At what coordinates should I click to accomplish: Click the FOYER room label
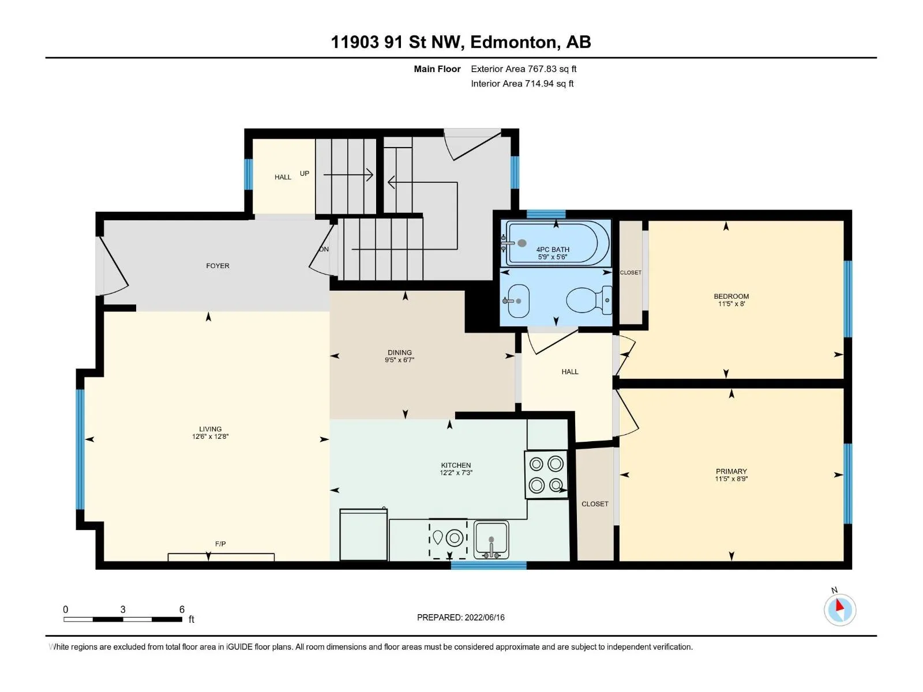coord(217,265)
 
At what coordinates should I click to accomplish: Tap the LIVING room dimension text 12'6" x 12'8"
coord(210,436)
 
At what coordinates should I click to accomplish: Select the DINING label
coord(399,352)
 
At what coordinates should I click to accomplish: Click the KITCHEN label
coord(456,465)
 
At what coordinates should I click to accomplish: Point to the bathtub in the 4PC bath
coord(558,243)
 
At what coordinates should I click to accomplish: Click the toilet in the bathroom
coord(589,300)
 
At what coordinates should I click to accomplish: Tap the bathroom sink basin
coord(518,301)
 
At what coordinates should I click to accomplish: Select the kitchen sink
coord(491,540)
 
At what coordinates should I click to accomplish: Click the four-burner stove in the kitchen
coord(546,475)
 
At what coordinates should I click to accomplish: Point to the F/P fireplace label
coord(220,544)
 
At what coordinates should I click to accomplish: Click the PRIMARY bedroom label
coord(731,471)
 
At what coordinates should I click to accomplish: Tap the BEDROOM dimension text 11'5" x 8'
coord(731,303)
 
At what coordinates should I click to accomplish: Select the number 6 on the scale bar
coord(182,609)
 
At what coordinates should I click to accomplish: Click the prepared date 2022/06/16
coord(485,617)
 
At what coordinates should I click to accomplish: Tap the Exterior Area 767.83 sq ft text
coord(524,69)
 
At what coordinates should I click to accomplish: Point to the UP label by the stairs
coord(305,173)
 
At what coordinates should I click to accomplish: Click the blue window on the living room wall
coord(80,449)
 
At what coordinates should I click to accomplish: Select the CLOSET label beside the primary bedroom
coord(595,504)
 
